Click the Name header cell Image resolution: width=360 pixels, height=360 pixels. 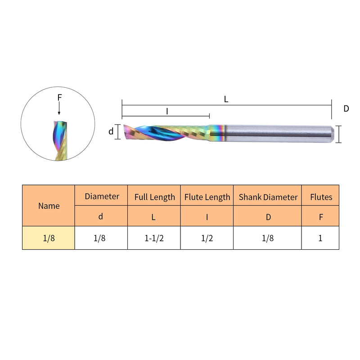click(49, 206)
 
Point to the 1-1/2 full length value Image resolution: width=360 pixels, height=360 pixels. click(154, 238)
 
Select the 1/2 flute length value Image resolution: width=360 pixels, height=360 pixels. click(207, 238)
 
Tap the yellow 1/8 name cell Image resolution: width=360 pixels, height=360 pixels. click(49, 238)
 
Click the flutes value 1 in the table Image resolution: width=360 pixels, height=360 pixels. click(320, 238)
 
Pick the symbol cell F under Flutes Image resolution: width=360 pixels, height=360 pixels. click(320, 216)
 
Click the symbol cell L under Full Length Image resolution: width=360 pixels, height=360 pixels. click(154, 216)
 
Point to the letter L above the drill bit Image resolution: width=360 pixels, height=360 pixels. click(226, 99)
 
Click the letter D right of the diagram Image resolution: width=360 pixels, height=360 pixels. click(346, 108)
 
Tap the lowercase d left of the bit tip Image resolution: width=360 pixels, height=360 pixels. click(111, 131)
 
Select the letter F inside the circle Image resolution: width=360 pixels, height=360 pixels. click(59, 97)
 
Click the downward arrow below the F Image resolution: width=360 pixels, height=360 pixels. click(59, 108)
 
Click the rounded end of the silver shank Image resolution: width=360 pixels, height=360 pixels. click(332, 133)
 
